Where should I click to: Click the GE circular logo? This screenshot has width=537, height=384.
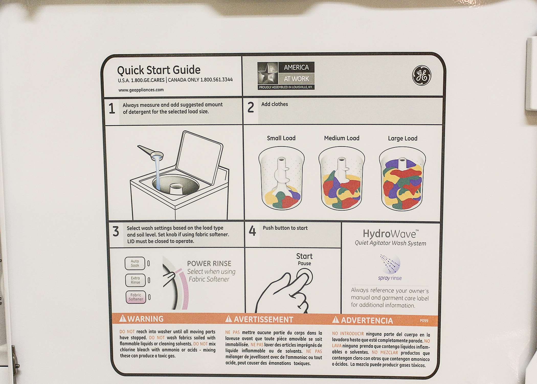click(x=422, y=75)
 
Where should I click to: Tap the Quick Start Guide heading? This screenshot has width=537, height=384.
click(x=159, y=70)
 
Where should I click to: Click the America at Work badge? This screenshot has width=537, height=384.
click(x=286, y=76)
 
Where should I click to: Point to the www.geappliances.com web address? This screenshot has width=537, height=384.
click(x=141, y=90)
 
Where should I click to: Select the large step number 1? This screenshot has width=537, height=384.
click(x=112, y=108)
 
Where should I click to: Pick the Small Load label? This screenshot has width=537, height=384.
click(x=281, y=138)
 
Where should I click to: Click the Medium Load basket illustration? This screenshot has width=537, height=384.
click(x=342, y=178)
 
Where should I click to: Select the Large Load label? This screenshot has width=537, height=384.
click(x=402, y=138)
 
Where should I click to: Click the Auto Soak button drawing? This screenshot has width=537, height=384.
click(x=135, y=263)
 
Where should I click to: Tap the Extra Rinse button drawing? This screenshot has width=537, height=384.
click(x=135, y=280)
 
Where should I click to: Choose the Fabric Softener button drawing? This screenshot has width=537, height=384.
click(x=136, y=297)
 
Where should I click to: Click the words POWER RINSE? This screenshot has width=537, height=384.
click(x=209, y=263)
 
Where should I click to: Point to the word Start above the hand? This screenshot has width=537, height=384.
click(x=304, y=256)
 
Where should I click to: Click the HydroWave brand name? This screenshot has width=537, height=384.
click(x=390, y=234)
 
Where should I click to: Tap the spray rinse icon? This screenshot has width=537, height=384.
click(x=390, y=264)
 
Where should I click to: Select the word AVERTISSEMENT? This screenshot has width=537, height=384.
click(x=263, y=319)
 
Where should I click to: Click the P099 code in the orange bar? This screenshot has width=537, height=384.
click(x=424, y=321)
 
